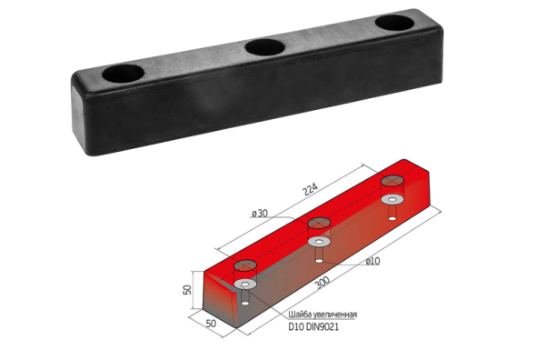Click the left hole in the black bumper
123,74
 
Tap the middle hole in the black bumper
265,47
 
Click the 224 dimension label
310,189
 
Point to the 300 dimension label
322,283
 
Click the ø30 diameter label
260,213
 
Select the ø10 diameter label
372,261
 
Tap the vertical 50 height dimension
187,290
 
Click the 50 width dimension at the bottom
211,324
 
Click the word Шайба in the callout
300,315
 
